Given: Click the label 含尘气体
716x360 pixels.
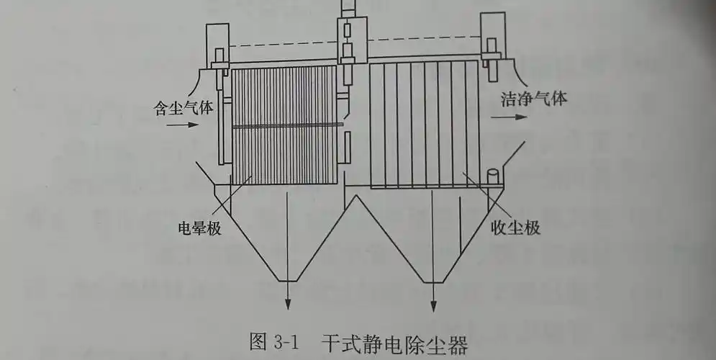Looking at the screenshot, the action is pyautogui.click(x=184, y=108).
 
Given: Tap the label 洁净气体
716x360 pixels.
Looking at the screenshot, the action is pyautogui.click(x=534, y=99).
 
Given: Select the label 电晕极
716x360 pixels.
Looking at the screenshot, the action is pyautogui.click(x=198, y=229).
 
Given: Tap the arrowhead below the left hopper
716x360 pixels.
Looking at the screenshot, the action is pyautogui.click(x=289, y=304).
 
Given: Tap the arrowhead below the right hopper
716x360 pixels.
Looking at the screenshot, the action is pyautogui.click(x=433, y=304).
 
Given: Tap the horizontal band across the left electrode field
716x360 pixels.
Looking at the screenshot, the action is pyautogui.click(x=284, y=126).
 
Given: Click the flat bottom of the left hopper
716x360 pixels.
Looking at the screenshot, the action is pyautogui.click(x=289, y=279).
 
